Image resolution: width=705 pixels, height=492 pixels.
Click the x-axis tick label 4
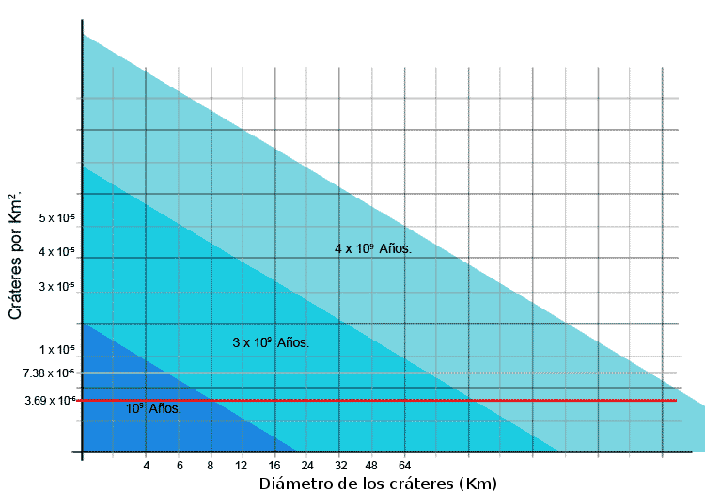[146, 466]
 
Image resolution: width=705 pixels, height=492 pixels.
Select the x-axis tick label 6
[179, 466]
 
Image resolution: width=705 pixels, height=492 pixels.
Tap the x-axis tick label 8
[211, 466]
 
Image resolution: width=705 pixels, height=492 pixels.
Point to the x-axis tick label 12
[242, 466]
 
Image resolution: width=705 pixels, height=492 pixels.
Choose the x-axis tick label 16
[274, 466]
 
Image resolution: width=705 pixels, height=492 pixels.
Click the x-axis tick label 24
[306, 466]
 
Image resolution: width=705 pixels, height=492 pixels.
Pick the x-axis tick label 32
[340, 466]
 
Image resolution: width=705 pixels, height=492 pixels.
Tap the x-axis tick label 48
[372, 466]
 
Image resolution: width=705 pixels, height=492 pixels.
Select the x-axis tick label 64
[405, 466]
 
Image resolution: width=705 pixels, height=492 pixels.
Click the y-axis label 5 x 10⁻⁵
[57, 218]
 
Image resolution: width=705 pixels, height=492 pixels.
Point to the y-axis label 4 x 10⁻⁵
[57, 252]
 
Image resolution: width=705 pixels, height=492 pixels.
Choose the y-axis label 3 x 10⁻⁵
[57, 286]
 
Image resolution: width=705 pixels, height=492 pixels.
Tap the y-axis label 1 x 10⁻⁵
[57, 350]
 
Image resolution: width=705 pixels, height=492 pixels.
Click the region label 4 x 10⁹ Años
[373, 249]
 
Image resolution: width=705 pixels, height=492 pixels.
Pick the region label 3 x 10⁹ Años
[271, 343]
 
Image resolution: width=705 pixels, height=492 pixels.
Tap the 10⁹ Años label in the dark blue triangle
[153, 409]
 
